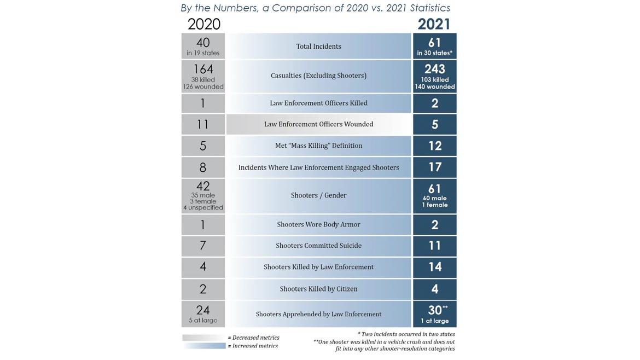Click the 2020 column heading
(x=203, y=24)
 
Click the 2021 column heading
(x=434, y=24)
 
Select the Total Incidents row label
(x=318, y=47)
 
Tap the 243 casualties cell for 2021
(x=434, y=76)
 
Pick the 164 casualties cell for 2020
(x=203, y=76)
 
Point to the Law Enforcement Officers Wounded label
(x=318, y=124)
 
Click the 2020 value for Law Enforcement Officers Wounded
(x=203, y=124)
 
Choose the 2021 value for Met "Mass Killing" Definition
(x=434, y=146)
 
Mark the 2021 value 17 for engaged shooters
(x=434, y=167)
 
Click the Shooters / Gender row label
(x=318, y=195)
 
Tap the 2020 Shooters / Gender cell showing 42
(x=203, y=195)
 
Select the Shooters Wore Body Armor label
(x=318, y=224)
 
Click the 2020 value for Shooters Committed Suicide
(x=203, y=246)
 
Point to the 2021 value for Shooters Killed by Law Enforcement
(x=434, y=267)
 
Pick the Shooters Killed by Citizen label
(x=318, y=289)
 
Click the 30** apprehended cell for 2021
(x=434, y=314)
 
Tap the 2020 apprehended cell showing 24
(x=203, y=314)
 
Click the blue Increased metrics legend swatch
(x=203, y=346)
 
